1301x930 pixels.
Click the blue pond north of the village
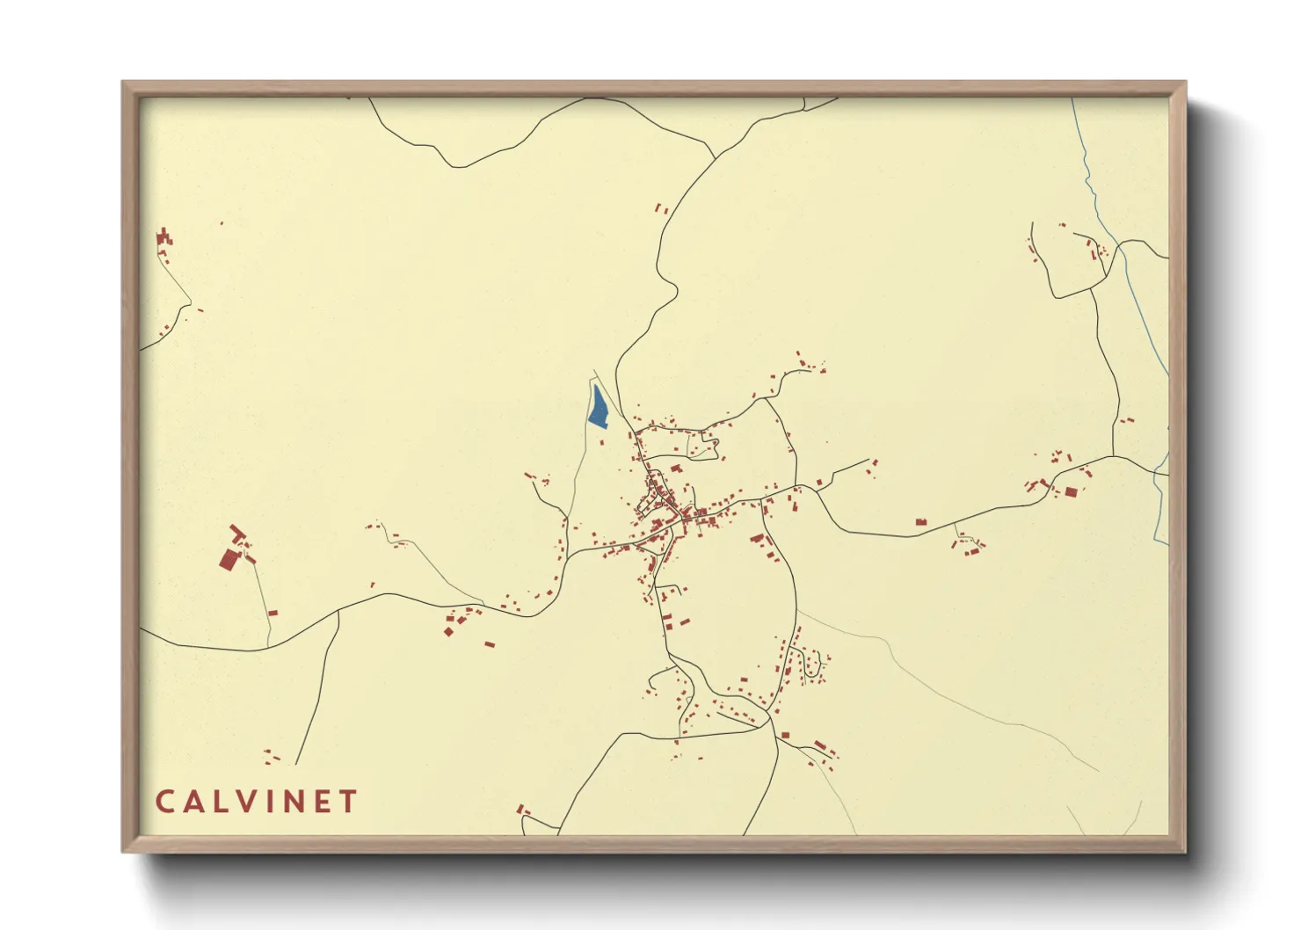(598, 408)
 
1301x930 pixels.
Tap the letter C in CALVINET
(164, 802)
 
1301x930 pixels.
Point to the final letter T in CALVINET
(350, 802)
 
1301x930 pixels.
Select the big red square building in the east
(1071, 491)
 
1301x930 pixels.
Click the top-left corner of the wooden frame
(123, 83)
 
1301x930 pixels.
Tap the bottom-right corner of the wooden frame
(1185, 851)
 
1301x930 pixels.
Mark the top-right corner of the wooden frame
(1185, 83)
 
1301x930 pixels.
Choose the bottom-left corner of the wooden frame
(123, 851)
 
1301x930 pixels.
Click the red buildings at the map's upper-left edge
(164, 238)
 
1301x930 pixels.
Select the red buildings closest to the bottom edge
(521, 809)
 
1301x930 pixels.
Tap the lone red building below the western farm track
(273, 613)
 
